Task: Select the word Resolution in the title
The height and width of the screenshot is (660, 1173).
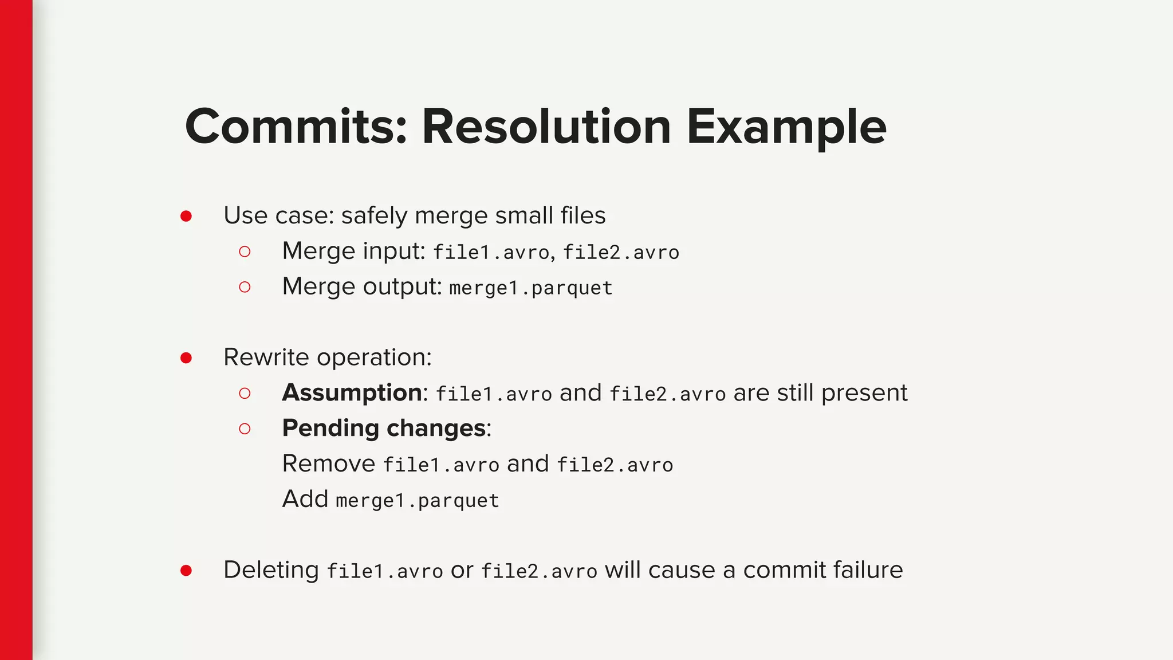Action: [x=546, y=127]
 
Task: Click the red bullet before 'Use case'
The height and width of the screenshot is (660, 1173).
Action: [x=186, y=216]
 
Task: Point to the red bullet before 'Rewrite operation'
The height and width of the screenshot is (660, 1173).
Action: [x=186, y=358]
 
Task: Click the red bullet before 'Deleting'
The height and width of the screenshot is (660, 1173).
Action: [x=186, y=571]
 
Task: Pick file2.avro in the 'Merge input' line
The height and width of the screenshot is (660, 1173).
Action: [x=621, y=252]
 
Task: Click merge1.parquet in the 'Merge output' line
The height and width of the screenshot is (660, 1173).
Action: [x=531, y=288]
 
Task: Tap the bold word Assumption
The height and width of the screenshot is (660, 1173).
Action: [x=352, y=393]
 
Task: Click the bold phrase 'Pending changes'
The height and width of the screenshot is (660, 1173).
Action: [x=384, y=429]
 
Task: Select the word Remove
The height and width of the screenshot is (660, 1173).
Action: [x=329, y=463]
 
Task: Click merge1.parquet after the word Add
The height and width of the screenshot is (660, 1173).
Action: [x=418, y=501]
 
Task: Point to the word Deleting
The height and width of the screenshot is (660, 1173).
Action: [x=271, y=570]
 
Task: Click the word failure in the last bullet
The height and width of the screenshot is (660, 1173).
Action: [x=868, y=570]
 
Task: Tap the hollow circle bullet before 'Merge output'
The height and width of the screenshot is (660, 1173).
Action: [x=245, y=287]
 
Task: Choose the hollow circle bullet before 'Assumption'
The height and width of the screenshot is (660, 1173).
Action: [x=245, y=393]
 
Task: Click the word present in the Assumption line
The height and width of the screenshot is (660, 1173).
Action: [x=864, y=394]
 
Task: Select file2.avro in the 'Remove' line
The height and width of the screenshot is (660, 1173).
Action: [x=615, y=465]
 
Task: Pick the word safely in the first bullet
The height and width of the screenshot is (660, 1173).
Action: [x=375, y=217]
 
